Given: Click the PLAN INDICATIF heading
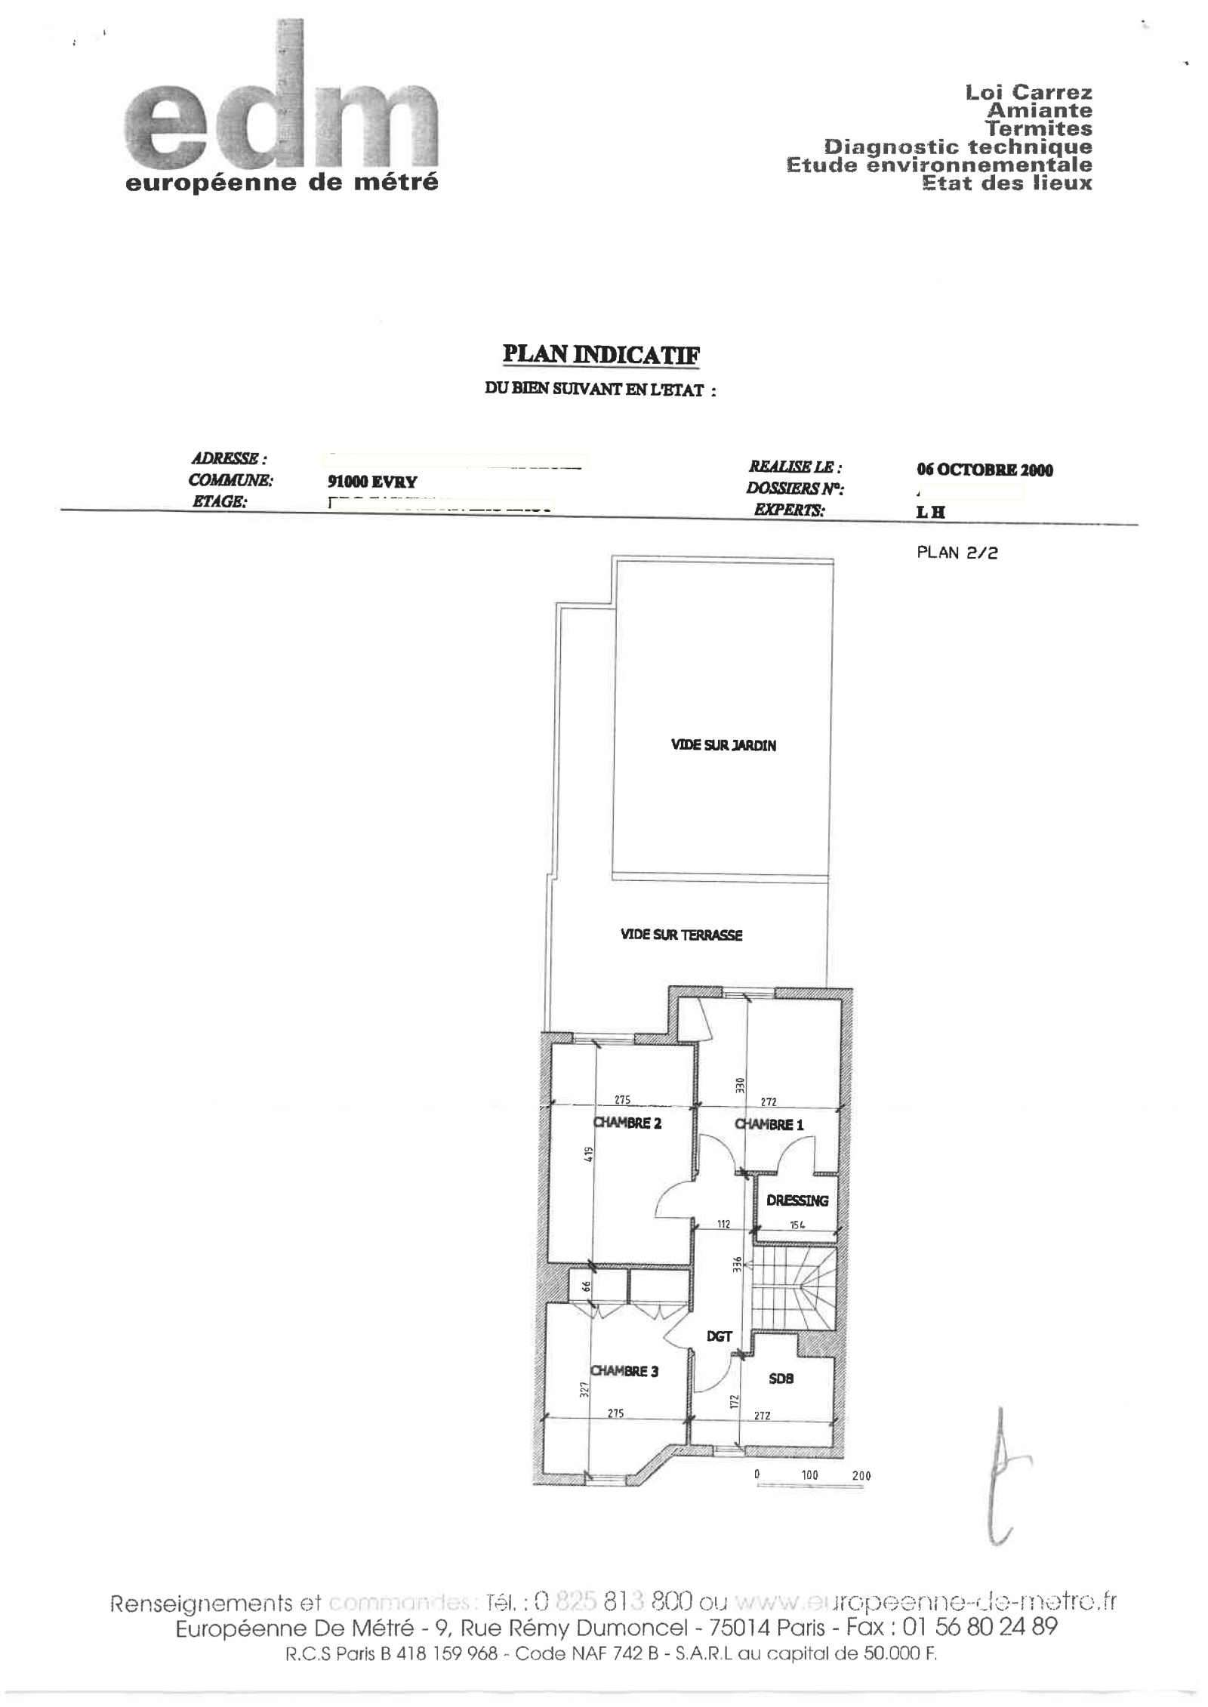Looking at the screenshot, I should click(x=601, y=355).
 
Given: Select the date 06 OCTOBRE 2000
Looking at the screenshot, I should click(x=985, y=470).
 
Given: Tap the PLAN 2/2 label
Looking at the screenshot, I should click(x=957, y=553).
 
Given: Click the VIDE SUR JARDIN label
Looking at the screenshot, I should click(x=723, y=746).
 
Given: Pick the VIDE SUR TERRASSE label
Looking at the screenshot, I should click(x=681, y=935).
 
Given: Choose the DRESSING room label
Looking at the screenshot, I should click(x=797, y=1200).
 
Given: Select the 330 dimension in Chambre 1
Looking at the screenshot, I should click(x=741, y=1086).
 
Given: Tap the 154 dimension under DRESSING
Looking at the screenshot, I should click(x=797, y=1225).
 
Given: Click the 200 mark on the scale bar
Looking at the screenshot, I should click(x=861, y=1476).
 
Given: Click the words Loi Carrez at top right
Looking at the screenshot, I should click(x=1028, y=93).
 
